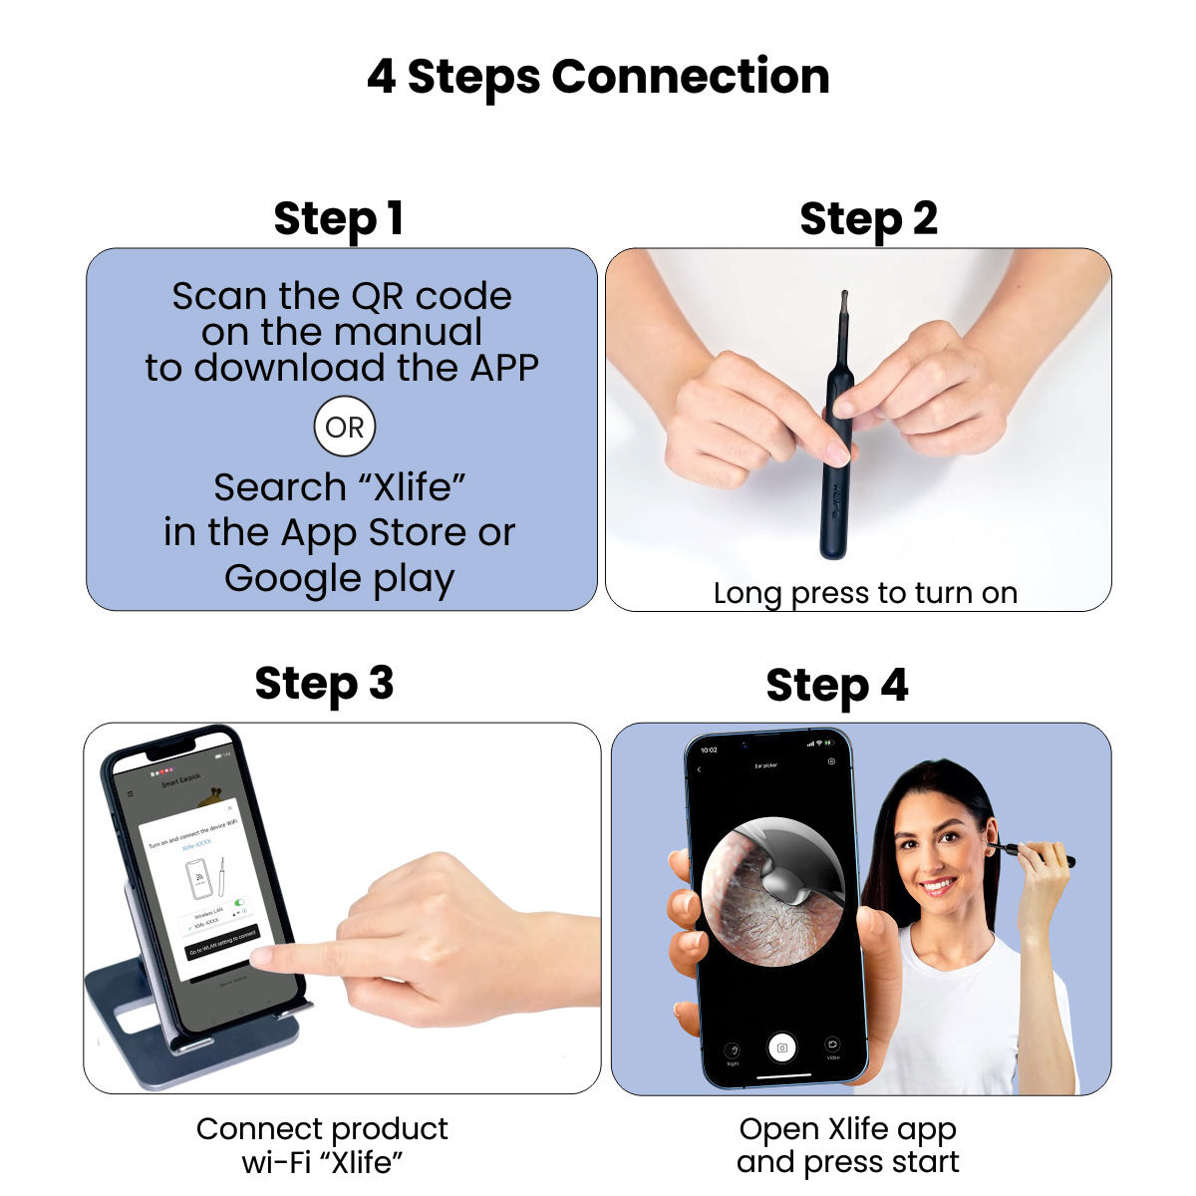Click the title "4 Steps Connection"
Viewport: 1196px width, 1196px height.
point(598,77)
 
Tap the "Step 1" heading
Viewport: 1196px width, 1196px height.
point(339,219)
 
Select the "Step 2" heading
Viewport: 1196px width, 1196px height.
point(868,219)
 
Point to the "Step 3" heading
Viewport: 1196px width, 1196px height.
point(324,685)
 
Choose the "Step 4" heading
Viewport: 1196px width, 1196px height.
point(836,686)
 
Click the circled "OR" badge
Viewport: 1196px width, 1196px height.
point(345,428)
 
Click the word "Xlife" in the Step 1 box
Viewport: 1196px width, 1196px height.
point(413,487)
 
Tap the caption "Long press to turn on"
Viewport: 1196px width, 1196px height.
point(865,593)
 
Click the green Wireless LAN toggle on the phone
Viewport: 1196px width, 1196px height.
point(239,902)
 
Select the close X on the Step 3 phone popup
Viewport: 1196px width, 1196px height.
point(229,808)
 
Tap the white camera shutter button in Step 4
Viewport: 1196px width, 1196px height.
point(782,1047)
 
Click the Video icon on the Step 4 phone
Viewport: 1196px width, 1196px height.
point(832,1046)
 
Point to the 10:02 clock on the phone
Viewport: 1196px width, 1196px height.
point(709,748)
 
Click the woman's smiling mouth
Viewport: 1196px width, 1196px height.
point(937,884)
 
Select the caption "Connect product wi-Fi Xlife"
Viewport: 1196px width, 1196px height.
point(322,1145)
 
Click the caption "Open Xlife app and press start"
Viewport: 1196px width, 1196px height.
point(847,1145)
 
